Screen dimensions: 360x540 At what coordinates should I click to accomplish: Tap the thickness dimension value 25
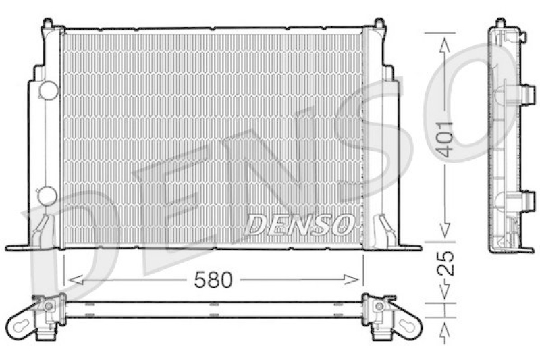point(444,266)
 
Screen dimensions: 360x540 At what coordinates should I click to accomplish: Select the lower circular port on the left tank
point(47,196)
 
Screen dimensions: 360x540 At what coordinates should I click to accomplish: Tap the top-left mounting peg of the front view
point(48,25)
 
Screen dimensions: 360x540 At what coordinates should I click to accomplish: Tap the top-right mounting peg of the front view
point(379,25)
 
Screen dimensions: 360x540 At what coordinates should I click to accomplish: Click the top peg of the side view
point(500,23)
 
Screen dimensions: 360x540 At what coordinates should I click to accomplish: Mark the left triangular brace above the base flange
point(42,229)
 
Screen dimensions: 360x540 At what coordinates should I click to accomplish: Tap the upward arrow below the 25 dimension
point(444,331)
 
